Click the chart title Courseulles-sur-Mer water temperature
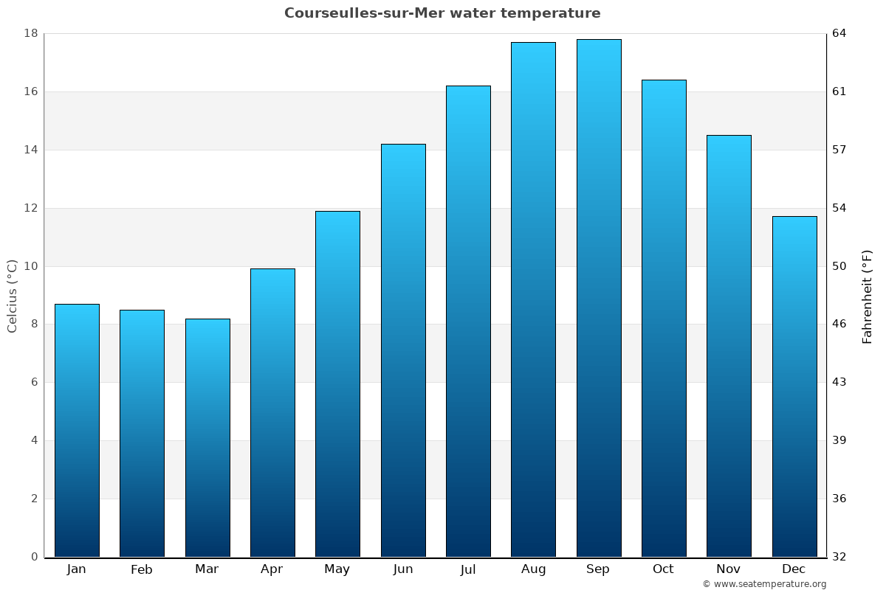[442, 13]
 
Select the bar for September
[599, 298]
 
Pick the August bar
[533, 299]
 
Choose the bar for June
[403, 350]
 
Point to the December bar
[794, 386]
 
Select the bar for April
[272, 412]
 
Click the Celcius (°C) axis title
[13, 296]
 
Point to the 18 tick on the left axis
[31, 33]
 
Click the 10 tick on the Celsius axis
[31, 266]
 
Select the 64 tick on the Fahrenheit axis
[840, 33]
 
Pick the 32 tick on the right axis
[840, 557]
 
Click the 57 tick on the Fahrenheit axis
[840, 150]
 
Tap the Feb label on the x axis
[142, 569]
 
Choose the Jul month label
[468, 569]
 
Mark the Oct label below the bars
[663, 569]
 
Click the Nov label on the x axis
[729, 569]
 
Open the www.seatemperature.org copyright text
[764, 584]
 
